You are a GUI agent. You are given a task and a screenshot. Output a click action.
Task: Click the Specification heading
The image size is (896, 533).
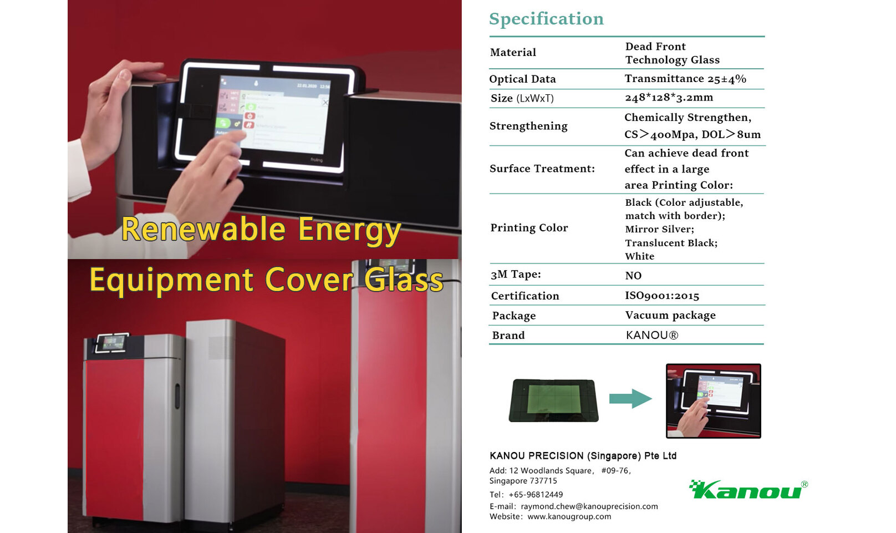click(546, 19)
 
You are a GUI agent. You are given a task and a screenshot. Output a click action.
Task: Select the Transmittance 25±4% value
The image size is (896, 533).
click(686, 79)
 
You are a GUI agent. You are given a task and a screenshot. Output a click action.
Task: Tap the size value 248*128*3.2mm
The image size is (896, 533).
click(669, 98)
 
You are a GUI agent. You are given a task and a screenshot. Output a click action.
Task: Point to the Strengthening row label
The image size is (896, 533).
click(528, 126)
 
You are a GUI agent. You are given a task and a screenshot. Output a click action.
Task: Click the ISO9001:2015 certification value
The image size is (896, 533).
click(662, 296)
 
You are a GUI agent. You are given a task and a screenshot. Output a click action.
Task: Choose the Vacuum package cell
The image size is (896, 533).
click(670, 316)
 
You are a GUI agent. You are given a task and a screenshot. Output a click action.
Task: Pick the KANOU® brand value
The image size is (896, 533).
click(652, 335)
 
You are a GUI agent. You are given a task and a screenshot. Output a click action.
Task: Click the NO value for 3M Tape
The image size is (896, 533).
click(633, 275)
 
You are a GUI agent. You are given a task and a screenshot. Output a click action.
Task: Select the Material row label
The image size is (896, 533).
click(513, 53)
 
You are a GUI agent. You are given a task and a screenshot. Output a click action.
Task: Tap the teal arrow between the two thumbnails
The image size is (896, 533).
click(630, 399)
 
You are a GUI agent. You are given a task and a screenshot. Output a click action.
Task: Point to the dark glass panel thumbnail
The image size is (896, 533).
click(553, 400)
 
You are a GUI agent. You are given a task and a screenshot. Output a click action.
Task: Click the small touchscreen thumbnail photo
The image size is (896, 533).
click(713, 400)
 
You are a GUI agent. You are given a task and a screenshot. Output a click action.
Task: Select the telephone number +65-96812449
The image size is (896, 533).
click(536, 495)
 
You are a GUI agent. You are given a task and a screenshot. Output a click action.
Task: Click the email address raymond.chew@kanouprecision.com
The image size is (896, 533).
click(589, 506)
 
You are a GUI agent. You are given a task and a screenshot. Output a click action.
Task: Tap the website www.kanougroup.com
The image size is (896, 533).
click(569, 516)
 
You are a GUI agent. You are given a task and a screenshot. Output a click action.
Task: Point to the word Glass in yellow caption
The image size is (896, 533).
click(404, 280)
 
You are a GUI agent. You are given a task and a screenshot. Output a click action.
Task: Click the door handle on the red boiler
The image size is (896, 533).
click(177, 396)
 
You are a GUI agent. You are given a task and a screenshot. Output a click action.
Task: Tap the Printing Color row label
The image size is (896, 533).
click(529, 228)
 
